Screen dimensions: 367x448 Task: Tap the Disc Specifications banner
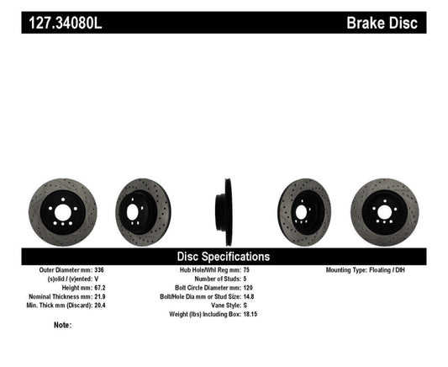pos(223,256)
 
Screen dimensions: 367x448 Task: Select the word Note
pos(61,324)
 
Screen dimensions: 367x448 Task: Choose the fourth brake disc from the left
pos(305,208)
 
